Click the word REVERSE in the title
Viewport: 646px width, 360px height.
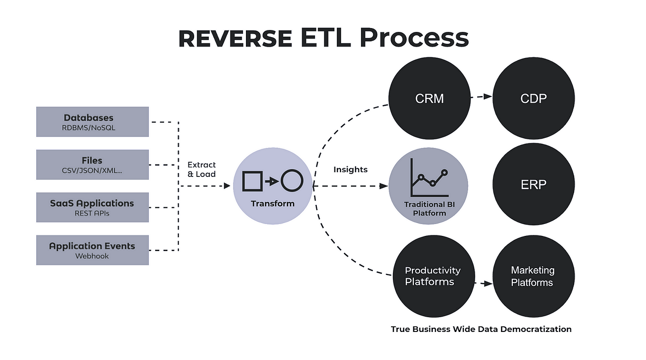[x=235, y=39]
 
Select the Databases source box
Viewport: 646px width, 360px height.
[x=93, y=122]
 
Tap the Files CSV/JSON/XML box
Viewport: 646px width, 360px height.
[x=93, y=165]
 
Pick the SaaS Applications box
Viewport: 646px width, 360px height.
[x=93, y=207]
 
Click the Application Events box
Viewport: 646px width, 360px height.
[x=93, y=250]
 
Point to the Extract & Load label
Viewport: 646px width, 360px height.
[x=202, y=169]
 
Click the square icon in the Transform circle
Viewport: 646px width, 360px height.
[x=252, y=181]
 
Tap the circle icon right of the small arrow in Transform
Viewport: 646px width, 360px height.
[x=292, y=180]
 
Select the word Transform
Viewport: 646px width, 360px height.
[x=273, y=204]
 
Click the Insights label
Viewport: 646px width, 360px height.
[x=351, y=169]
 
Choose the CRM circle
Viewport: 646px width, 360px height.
[x=430, y=98]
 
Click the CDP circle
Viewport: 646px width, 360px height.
[x=534, y=98]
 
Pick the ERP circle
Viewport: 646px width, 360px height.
[x=534, y=184]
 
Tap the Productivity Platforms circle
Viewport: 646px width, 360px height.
[x=434, y=276]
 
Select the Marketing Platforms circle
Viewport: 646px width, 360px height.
[x=534, y=276]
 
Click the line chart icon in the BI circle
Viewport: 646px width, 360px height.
[x=430, y=177]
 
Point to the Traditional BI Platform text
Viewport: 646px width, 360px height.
[x=430, y=209]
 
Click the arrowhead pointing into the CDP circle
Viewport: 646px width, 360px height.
[x=488, y=96]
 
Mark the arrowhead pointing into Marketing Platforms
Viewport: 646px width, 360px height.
[x=488, y=283]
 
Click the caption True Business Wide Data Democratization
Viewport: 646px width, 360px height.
[x=481, y=329]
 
